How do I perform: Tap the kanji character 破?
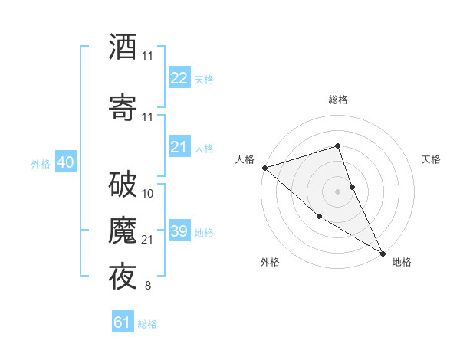(123, 185)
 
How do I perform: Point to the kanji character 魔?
(123, 231)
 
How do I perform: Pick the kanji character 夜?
(123, 276)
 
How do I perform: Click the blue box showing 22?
(179, 78)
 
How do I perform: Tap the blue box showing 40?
(65, 162)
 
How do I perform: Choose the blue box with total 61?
(123, 322)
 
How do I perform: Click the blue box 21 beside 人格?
(179, 147)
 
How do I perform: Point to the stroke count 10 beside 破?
(148, 194)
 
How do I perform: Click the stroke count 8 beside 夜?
(147, 286)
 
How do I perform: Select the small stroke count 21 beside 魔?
(148, 240)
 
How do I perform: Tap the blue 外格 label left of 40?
(41, 163)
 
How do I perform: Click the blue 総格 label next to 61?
(147, 324)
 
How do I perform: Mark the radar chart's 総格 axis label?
(337, 100)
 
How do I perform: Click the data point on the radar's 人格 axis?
(264, 167)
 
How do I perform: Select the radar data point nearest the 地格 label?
(383, 253)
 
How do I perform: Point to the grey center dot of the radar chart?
(337, 191)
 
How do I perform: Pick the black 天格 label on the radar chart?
(431, 159)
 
